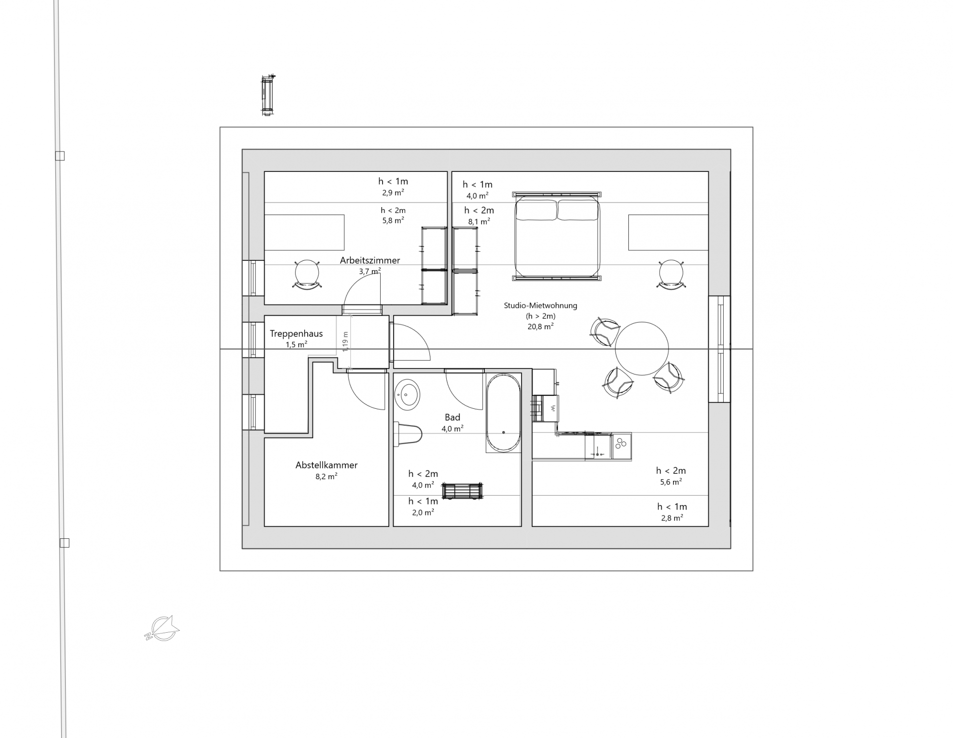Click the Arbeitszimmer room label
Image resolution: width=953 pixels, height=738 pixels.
coord(370,260)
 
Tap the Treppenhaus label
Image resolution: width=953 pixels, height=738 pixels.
coord(296,334)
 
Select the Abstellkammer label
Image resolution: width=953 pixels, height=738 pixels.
coord(327,465)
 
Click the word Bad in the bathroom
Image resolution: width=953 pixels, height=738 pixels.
coord(453,418)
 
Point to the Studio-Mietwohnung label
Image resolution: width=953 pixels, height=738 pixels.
coord(541,306)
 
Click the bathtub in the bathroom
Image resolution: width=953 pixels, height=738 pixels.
coord(503,413)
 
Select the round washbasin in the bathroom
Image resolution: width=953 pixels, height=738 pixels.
coord(407,396)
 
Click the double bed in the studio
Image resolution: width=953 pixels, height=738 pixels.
coord(557,236)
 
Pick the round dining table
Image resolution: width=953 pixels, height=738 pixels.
coord(642,349)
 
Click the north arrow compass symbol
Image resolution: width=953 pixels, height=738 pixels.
coord(162,628)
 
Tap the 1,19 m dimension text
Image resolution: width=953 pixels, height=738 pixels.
coord(346,342)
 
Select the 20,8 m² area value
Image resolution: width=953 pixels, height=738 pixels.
coord(541,326)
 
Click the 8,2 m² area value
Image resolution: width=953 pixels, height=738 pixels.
coord(327,476)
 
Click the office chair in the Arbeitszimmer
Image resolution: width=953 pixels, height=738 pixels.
coord(308,274)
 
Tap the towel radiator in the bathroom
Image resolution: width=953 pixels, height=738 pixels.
coord(463,491)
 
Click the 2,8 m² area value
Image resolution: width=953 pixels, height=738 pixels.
coord(672,517)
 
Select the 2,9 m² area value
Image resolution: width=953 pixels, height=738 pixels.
coord(393,192)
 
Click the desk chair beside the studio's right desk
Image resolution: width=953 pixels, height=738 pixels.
coord(671,274)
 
